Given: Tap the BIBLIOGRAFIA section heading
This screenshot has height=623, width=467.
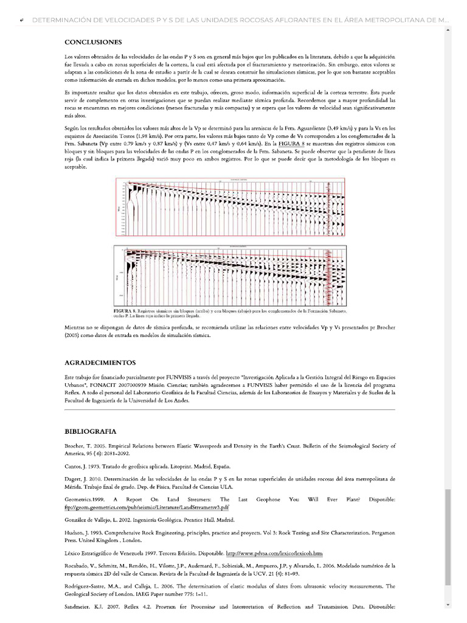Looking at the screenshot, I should click(90, 431).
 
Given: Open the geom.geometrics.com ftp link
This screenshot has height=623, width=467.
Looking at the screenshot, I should click(147, 507).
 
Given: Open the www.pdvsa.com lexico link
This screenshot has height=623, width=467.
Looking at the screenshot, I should click(274, 554).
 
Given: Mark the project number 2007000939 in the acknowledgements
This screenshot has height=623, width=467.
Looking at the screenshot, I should click(150, 386).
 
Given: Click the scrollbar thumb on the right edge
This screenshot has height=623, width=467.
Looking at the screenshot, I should click(449, 535).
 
